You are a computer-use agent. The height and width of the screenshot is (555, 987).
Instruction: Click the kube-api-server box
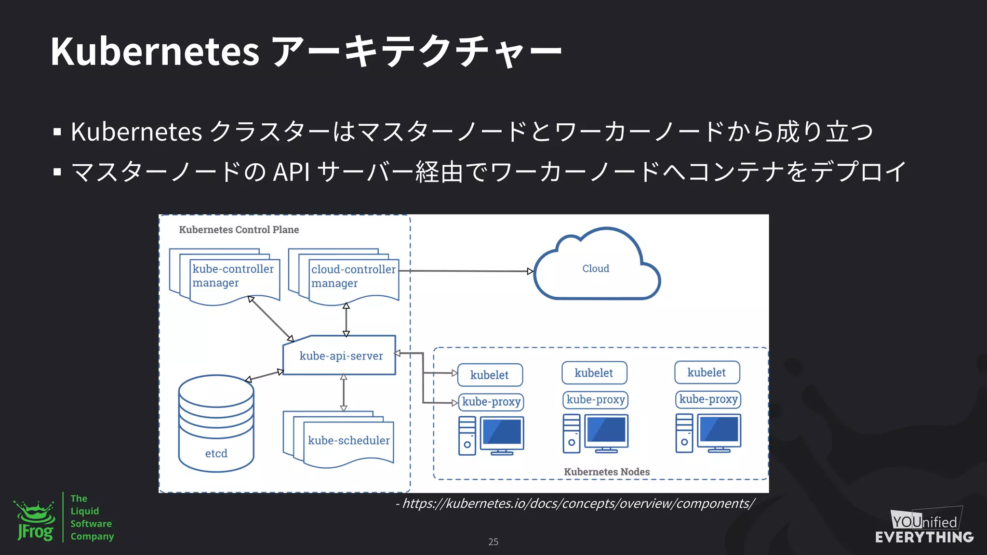click(340, 356)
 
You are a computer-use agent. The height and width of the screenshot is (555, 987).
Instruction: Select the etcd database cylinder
click(216, 423)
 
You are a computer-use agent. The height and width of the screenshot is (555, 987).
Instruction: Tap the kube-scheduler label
click(348, 440)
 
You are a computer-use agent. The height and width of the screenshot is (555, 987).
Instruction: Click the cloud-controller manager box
click(353, 277)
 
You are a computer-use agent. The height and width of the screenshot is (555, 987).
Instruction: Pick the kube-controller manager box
click(233, 276)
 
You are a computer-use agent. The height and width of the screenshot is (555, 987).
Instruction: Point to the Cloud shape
click(596, 268)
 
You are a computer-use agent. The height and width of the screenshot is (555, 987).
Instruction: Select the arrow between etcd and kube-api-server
click(265, 375)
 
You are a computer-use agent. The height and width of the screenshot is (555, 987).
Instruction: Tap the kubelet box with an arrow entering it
click(489, 375)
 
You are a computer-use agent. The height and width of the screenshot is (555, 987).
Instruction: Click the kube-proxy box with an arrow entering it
click(491, 402)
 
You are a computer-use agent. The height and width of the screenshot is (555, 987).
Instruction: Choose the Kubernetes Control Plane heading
click(239, 230)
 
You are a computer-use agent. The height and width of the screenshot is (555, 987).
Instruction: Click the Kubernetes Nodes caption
click(606, 472)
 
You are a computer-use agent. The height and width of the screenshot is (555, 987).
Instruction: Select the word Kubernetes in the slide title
click(155, 51)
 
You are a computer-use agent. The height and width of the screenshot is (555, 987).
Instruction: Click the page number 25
click(493, 542)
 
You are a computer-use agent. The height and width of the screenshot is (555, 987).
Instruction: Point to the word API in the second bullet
click(291, 172)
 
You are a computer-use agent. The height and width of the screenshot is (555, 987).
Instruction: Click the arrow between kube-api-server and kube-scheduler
click(344, 393)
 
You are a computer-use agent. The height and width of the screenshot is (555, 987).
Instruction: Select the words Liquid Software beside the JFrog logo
click(91, 517)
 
